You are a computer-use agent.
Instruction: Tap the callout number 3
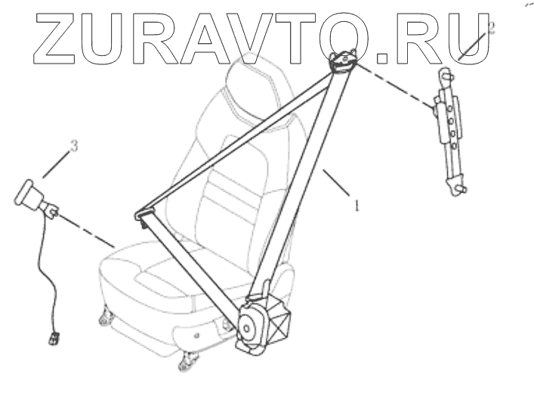[73, 146]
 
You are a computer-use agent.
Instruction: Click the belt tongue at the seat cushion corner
[143, 219]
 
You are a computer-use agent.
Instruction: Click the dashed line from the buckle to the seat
[87, 230]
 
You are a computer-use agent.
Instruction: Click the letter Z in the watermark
[48, 37]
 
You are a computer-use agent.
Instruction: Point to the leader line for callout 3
[58, 163]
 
